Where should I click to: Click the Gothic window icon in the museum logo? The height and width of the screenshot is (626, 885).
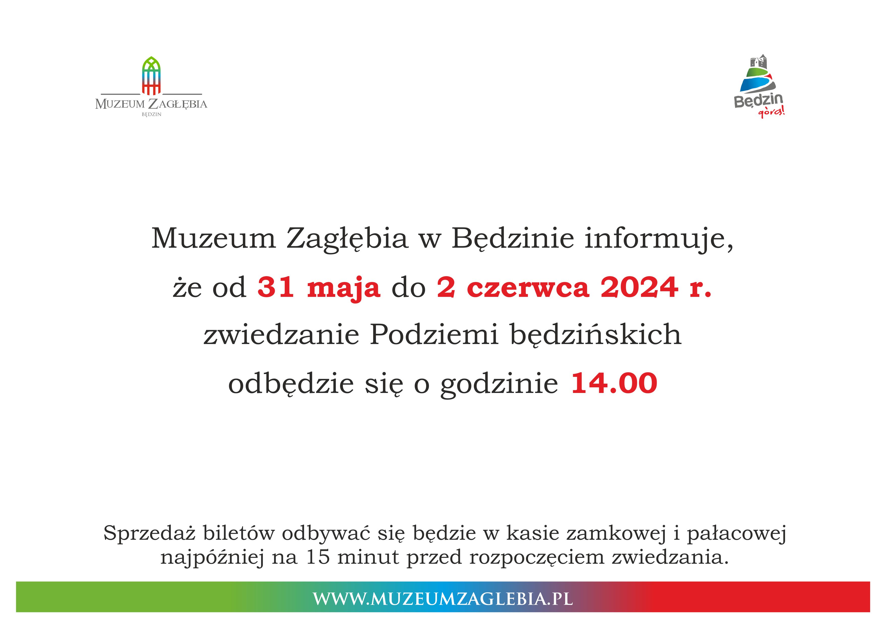151,76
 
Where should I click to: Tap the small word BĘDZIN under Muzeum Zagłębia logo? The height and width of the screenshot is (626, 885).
151,115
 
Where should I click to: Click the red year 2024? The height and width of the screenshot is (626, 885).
639,287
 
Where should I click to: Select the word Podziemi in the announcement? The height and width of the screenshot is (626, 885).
434,335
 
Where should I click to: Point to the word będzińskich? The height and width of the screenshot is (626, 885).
596,335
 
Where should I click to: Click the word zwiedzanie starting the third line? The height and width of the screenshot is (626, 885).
281,335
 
